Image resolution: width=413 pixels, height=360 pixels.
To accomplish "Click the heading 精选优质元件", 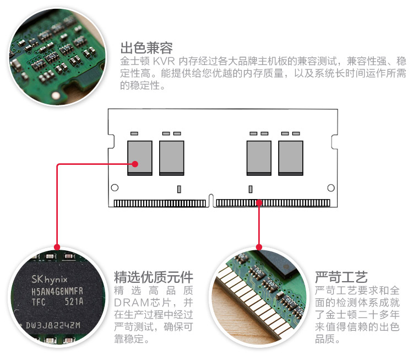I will pyautogui.click(x=154, y=276).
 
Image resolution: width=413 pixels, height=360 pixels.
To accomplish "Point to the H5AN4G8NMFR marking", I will pyautogui.click(x=57, y=291).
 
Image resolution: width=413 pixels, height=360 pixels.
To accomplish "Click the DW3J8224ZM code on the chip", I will pyautogui.click(x=53, y=325).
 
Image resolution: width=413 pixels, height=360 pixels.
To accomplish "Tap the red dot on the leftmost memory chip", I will pyautogui.click(x=134, y=163).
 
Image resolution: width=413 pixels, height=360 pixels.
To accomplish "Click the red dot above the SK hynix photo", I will pyautogui.click(x=57, y=246).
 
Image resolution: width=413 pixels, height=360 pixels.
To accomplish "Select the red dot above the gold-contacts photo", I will pyautogui.click(x=259, y=246).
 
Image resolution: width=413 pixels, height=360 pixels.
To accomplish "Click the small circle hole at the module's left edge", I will pyautogui.click(x=115, y=188).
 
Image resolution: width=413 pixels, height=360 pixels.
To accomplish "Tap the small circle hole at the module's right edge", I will pyautogui.click(x=330, y=188).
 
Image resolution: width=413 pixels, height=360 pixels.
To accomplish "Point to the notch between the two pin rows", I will pyautogui.click(x=211, y=201).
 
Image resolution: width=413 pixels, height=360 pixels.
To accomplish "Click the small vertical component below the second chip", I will pyautogui.click(x=180, y=189).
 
